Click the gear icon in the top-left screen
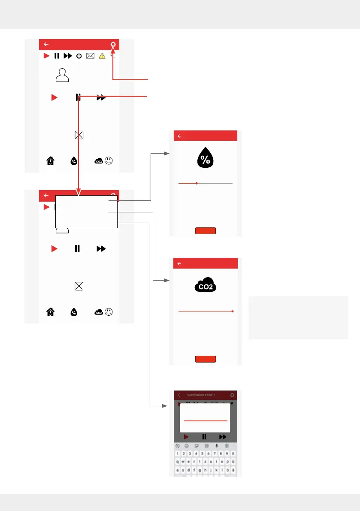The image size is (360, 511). (x=113, y=44)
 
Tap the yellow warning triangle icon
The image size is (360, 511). (x=102, y=56)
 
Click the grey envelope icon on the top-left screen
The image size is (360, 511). (x=90, y=56)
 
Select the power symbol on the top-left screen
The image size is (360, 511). (x=79, y=56)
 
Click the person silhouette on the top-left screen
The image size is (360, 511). (x=62, y=75)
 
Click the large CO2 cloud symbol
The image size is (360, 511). (x=205, y=286)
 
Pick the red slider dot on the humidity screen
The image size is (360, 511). (x=196, y=183)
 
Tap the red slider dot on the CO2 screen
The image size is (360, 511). (x=232, y=311)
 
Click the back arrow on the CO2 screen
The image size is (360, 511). (x=179, y=263)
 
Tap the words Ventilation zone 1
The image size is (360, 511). (x=201, y=395)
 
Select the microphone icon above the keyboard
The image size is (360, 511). (x=217, y=446)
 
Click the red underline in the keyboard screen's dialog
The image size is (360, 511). (x=206, y=421)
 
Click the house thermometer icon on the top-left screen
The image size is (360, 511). (x=50, y=161)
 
